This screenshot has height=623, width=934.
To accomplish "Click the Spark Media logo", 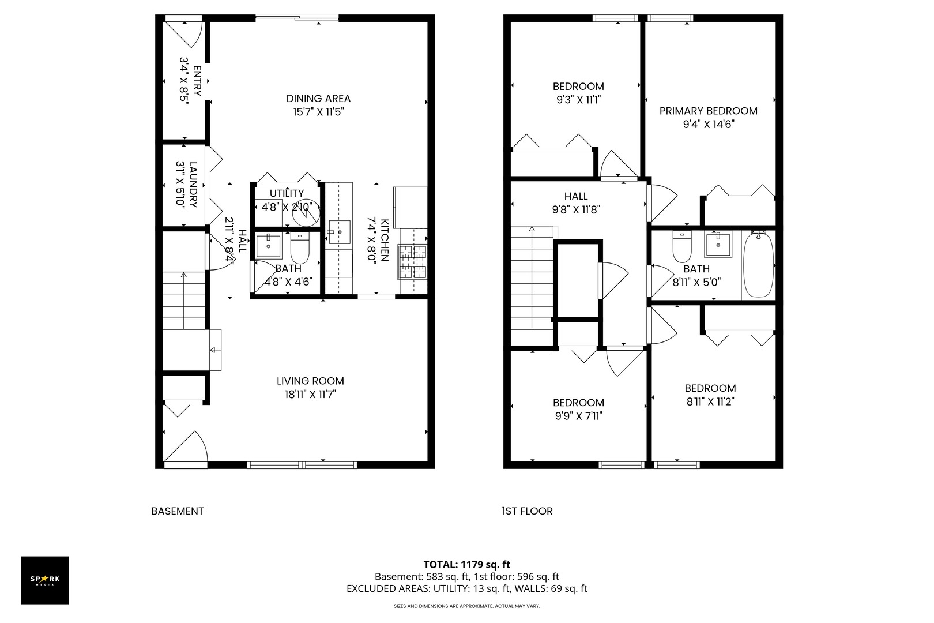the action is coord(45,580).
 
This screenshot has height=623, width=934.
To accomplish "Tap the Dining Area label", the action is coord(318,99).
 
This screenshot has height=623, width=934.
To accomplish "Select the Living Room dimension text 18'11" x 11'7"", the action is coord(310,395).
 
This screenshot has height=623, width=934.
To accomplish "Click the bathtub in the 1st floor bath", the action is coord(759,265).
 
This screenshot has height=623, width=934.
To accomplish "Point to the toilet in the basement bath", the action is coord(300,248).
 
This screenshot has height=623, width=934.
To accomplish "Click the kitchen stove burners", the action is coord(412,262).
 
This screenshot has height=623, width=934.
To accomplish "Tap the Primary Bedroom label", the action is coord(709,111).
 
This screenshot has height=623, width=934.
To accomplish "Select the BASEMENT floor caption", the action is coord(177,511).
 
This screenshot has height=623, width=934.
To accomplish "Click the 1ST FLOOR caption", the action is coord(527,511).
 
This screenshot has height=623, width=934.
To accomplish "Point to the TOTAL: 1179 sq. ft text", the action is coord(466,565).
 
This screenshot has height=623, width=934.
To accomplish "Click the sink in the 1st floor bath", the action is coord(718,245).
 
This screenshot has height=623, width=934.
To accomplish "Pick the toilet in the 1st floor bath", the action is coord(682,247).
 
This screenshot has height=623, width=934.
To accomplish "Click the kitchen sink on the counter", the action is coord(339,232).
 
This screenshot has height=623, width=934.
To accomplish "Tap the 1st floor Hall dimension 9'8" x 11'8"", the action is coord(576,209).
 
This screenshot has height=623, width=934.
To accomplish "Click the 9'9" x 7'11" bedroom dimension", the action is coord(578,416).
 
